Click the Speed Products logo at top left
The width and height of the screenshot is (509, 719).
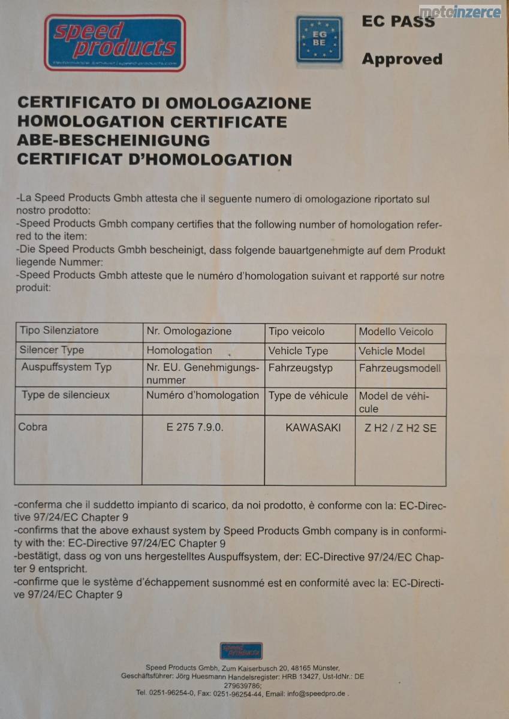click(x=115, y=43)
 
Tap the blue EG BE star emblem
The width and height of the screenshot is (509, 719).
click(x=319, y=40)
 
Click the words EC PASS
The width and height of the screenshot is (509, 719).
click(x=398, y=22)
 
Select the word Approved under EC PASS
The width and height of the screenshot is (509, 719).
click(x=402, y=59)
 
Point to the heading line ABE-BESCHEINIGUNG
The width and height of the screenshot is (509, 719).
click(x=113, y=141)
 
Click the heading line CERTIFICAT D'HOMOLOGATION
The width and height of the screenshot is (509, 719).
click(x=154, y=159)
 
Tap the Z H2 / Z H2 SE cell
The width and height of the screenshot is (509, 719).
click(x=400, y=428)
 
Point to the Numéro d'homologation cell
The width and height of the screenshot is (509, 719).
click(x=203, y=395)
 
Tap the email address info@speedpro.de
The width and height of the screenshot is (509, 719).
click(x=315, y=693)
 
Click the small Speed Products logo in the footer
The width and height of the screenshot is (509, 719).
click(x=241, y=650)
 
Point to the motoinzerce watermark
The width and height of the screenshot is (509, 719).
click(x=460, y=11)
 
